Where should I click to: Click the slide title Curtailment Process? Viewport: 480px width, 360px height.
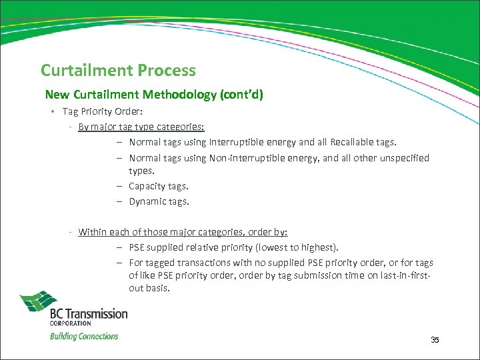pos(118,70)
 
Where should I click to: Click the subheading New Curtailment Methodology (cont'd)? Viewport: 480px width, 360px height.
pos(154,95)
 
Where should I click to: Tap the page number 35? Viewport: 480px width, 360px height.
pos(435,340)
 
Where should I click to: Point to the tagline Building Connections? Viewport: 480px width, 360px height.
pos(84,336)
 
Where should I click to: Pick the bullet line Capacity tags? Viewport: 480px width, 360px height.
pos(159,186)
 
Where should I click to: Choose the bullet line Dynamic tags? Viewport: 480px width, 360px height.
pos(159,201)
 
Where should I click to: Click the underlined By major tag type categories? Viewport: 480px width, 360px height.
pos(141,125)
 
